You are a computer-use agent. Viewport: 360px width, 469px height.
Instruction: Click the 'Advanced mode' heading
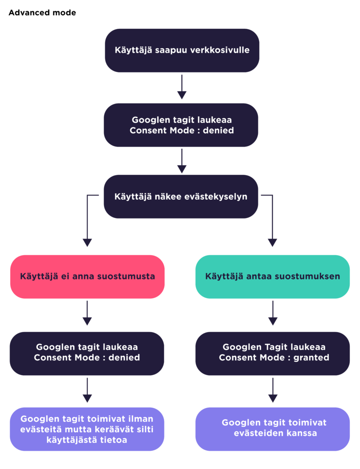(x=42, y=12)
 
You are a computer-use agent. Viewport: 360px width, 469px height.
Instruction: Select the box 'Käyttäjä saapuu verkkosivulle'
(x=182, y=50)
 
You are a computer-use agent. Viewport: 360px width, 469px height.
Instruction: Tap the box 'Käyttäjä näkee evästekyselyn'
(x=181, y=196)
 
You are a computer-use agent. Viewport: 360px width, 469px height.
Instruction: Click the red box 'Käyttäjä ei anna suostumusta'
(x=87, y=277)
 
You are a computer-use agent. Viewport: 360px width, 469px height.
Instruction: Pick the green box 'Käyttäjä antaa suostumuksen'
(x=273, y=277)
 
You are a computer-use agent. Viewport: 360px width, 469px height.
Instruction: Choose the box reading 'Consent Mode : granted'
(x=273, y=354)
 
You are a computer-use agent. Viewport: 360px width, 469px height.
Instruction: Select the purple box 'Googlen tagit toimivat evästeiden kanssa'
(x=273, y=429)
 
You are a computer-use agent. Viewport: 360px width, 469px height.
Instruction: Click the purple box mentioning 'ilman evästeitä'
(x=87, y=429)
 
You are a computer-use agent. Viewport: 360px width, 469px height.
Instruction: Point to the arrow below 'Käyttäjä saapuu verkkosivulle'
(x=182, y=87)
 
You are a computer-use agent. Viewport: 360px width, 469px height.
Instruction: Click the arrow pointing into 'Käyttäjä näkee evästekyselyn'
(x=182, y=161)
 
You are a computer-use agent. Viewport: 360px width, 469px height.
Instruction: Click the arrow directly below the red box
(x=87, y=313)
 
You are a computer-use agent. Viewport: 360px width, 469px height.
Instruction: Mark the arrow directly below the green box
(x=273, y=313)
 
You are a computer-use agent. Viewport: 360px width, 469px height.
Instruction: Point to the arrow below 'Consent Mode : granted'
(x=273, y=390)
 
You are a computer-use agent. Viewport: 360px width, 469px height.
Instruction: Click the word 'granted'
(x=311, y=358)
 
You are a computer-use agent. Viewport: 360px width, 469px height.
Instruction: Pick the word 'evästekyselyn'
(x=216, y=197)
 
